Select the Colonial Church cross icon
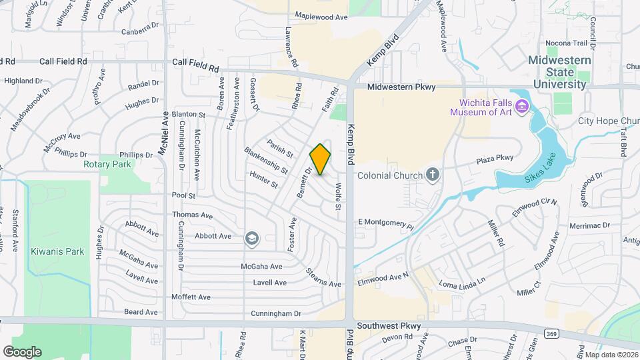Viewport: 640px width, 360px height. click(x=433, y=176)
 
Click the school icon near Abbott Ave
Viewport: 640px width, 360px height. click(x=251, y=237)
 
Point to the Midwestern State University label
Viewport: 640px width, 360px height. click(x=559, y=72)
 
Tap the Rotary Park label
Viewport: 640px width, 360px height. click(x=107, y=164)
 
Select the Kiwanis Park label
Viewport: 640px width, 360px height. click(x=57, y=251)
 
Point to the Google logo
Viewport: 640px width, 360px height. click(x=22, y=351)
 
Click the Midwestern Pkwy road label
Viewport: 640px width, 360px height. click(x=401, y=87)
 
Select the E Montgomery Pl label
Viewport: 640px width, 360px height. click(x=386, y=223)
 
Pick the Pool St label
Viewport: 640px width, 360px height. click(x=183, y=196)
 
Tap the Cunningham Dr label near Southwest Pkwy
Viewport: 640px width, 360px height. click(x=281, y=313)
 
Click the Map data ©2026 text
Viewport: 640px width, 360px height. click(x=611, y=354)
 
